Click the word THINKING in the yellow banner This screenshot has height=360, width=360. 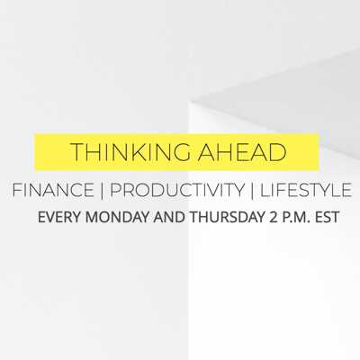tap(130, 152)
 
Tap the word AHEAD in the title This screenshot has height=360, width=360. tap(242, 152)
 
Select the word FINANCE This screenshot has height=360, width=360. tap(53, 190)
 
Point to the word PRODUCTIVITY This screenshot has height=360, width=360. tap(177, 190)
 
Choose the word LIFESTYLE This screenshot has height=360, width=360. tap(306, 190)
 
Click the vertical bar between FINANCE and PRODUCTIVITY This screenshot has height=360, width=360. tap(102, 191)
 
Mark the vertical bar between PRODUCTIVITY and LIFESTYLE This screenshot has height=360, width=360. tap(252, 191)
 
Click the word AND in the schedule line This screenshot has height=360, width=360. tap(169, 217)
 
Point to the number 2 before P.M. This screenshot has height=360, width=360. tap(273, 217)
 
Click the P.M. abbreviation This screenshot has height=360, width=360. tap(296, 217)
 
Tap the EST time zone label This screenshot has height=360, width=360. tap(328, 217)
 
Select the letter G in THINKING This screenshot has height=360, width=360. tap(181, 152)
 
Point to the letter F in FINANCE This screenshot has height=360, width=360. tap(17, 190)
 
